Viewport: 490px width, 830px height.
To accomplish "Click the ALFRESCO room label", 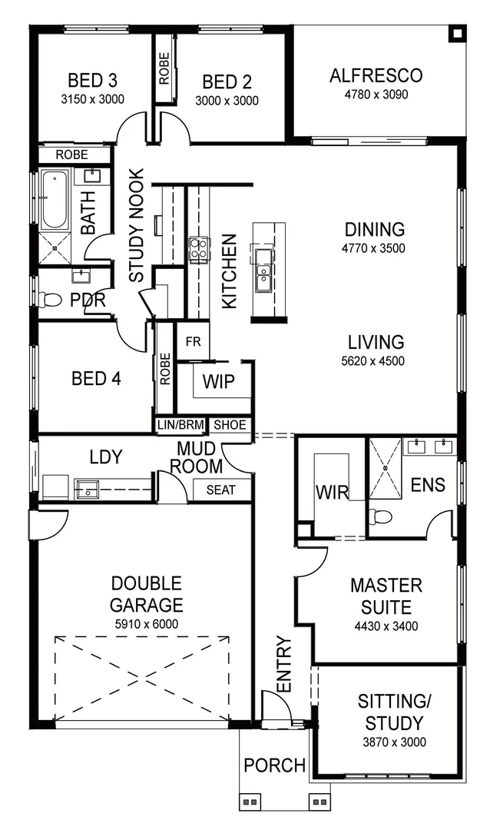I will click(x=376, y=75).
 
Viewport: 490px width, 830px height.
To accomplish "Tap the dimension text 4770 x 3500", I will click(x=374, y=248).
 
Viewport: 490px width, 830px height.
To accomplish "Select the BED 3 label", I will click(x=92, y=81).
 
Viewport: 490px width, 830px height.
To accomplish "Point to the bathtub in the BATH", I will click(x=55, y=199).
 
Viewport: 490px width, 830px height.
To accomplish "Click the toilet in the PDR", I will click(x=52, y=299).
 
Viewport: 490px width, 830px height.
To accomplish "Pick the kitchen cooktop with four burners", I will click(x=199, y=249).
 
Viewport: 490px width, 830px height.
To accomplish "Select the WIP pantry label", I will click(x=218, y=382).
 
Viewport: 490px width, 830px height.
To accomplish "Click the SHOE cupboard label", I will click(x=230, y=424).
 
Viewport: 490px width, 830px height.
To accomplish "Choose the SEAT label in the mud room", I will click(x=221, y=490).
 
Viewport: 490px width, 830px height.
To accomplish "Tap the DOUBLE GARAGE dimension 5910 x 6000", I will click(x=146, y=624).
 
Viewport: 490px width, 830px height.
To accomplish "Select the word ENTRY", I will click(x=283, y=664).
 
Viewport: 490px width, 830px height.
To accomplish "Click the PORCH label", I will click(x=274, y=765).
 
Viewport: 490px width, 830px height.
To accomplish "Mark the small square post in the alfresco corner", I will click(x=457, y=33).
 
